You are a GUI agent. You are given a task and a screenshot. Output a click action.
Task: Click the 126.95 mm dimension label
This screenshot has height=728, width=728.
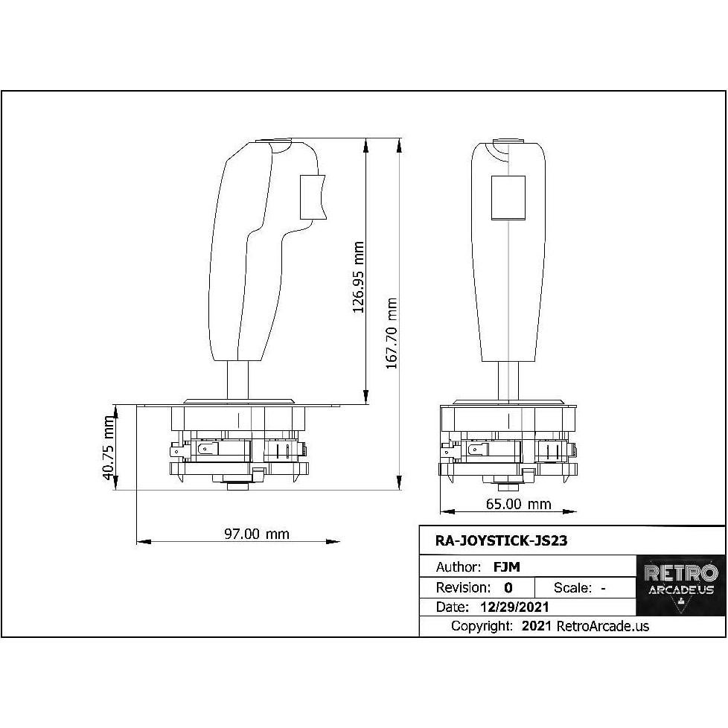coord(358,276)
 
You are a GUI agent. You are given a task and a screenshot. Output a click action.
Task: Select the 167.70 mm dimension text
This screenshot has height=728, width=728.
coord(392,333)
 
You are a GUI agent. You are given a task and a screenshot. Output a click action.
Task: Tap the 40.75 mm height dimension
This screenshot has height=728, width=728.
coord(109,448)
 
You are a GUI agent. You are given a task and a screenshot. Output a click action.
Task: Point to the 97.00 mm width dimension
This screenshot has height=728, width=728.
coord(257,534)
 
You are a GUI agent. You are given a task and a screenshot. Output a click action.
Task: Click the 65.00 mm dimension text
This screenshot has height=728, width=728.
coord(518,504)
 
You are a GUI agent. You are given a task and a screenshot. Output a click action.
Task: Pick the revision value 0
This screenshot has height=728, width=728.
coord(508,587)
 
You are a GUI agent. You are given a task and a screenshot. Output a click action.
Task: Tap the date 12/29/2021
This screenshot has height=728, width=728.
coord(515,607)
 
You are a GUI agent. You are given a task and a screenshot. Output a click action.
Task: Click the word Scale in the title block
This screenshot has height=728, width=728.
coord(572,587)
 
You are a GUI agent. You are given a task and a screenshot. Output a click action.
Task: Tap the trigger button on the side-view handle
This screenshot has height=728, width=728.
coord(313,197)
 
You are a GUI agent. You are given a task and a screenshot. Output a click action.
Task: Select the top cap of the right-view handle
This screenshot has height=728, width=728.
coord(509,141)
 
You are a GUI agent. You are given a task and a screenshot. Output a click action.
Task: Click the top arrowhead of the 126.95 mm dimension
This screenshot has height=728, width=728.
coord(366,144)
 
